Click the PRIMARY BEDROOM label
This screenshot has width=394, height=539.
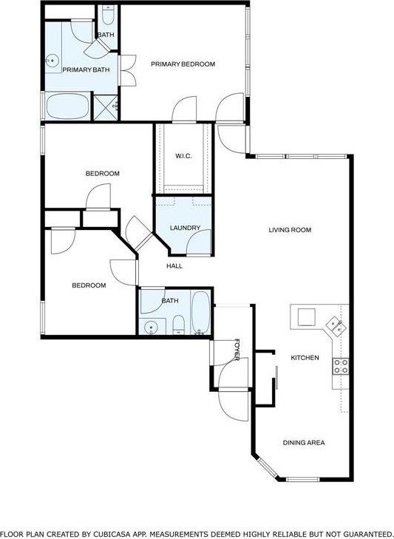[183, 64]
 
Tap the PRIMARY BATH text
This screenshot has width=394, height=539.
[86, 70]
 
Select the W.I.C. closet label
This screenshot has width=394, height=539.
[183, 156]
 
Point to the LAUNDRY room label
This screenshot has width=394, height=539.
[185, 228]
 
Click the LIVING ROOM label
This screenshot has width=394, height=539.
[289, 230]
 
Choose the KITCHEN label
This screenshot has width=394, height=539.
[305, 358]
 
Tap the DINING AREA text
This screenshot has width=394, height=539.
[304, 443]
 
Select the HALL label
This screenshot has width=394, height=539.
[174, 266]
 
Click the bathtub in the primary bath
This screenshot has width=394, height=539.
[67, 106]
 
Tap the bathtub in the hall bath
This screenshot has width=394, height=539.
[200, 313]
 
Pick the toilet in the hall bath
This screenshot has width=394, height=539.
[178, 325]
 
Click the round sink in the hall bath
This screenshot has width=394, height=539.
[152, 327]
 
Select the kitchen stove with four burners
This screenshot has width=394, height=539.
[341, 365]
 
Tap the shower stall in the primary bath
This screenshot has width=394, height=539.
[104, 106]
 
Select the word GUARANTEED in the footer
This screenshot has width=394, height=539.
[364, 533]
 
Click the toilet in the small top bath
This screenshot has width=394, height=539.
[108, 16]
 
